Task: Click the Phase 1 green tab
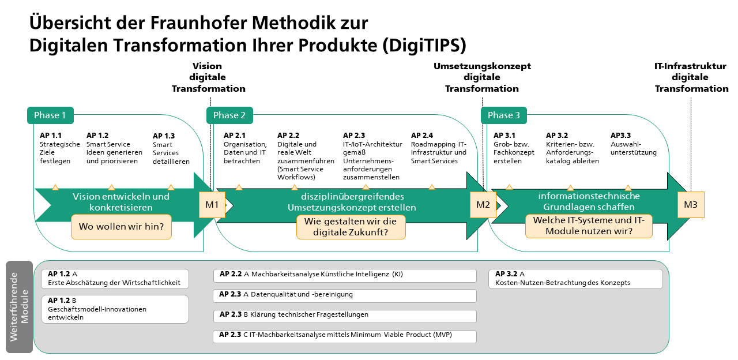point(50,115)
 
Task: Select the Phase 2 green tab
point(229,115)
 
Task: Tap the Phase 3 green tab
point(504,115)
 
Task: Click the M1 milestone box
point(212,205)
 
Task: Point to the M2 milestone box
point(483,205)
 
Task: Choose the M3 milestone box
point(691,205)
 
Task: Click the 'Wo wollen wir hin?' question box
point(121,227)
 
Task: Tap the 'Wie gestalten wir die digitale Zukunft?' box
point(351,227)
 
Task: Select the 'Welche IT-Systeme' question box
point(589,226)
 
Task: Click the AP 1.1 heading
point(51,136)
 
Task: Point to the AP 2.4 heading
point(422,136)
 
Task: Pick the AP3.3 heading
point(621,136)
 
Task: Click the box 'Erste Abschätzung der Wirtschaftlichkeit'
point(115,279)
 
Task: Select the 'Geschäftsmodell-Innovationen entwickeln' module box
point(115,309)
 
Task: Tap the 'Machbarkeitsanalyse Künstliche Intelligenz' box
point(345,276)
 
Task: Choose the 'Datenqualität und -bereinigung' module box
point(345,296)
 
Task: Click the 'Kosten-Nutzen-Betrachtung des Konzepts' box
point(575,279)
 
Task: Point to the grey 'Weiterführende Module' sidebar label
point(19,307)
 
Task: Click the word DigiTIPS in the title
point(425,45)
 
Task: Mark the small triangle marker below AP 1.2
point(112,187)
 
